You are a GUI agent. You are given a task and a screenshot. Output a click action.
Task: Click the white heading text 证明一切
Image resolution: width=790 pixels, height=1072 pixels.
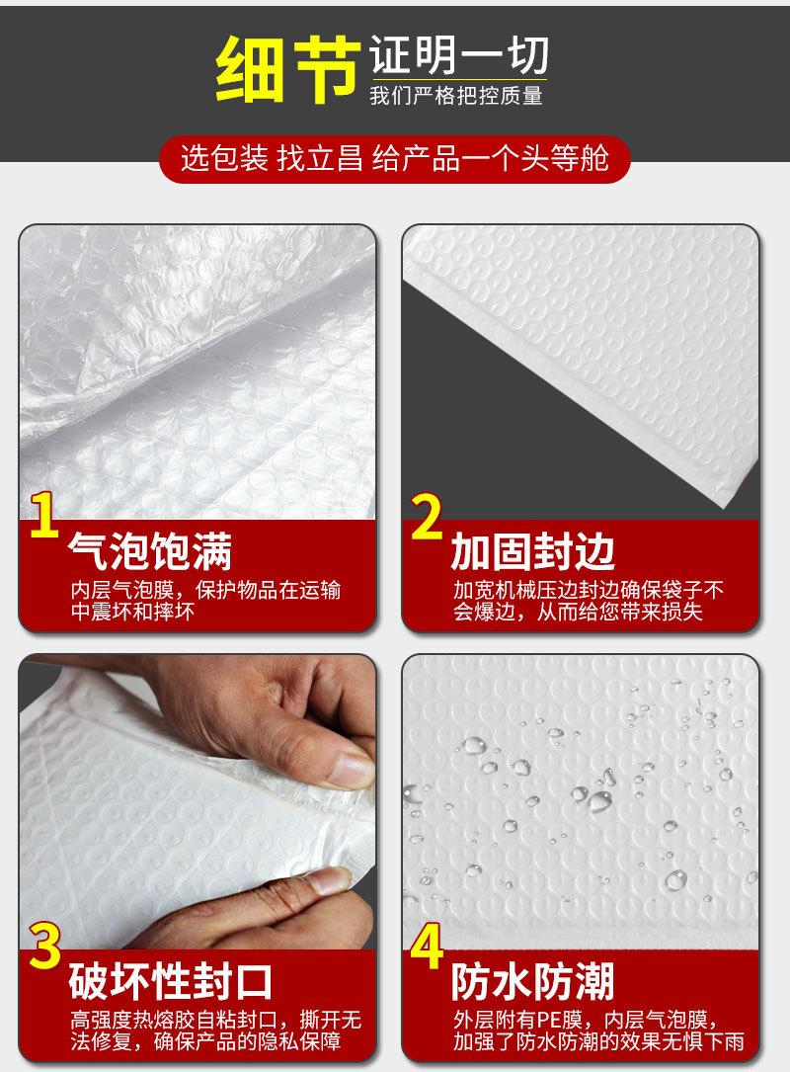[459, 55]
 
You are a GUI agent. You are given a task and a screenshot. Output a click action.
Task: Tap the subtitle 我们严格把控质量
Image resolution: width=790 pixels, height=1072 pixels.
[456, 97]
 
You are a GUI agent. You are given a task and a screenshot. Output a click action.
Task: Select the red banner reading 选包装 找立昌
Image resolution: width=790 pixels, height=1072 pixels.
[394, 159]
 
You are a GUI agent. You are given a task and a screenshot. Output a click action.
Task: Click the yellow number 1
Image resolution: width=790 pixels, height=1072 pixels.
[43, 515]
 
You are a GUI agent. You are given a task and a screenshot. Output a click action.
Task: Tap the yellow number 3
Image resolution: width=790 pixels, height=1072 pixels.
[44, 946]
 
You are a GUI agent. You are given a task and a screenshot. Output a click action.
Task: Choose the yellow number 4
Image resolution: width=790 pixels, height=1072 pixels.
[427, 946]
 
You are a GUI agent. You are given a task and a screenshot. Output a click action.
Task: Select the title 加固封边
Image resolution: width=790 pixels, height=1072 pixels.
[533, 552]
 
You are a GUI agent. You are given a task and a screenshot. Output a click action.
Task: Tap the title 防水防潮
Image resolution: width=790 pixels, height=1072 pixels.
[533, 983]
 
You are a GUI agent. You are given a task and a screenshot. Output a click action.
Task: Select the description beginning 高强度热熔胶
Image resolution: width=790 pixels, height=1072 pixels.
[215, 1031]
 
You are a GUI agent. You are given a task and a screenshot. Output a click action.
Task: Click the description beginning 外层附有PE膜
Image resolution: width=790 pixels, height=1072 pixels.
[597, 1031]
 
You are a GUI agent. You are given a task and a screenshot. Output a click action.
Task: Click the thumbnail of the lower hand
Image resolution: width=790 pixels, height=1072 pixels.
[257, 904]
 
